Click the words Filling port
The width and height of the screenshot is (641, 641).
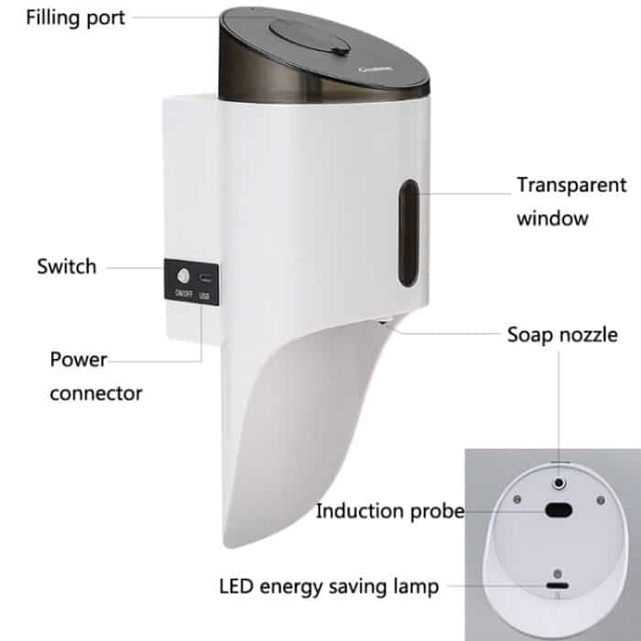pyautogui.click(x=63, y=16)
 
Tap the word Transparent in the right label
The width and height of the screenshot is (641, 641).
pyautogui.click(x=571, y=185)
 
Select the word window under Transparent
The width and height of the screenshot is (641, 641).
pyautogui.click(x=552, y=219)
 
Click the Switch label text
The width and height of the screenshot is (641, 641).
pyautogui.click(x=66, y=266)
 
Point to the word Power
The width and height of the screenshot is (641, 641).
pyautogui.click(x=79, y=360)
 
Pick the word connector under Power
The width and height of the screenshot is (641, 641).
pyautogui.click(x=96, y=394)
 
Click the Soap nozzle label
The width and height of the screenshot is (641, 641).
pyautogui.click(x=562, y=335)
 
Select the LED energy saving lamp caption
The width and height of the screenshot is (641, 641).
pyautogui.click(x=329, y=585)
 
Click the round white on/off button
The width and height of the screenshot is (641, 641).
pyautogui.click(x=183, y=276)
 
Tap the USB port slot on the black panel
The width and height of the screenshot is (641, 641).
pyautogui.click(x=202, y=277)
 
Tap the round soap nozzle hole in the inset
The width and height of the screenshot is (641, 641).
pyautogui.click(x=560, y=482)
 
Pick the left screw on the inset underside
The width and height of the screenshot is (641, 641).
pyautogui.click(x=517, y=499)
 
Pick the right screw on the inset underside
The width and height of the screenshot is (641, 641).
pyautogui.click(x=600, y=499)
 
